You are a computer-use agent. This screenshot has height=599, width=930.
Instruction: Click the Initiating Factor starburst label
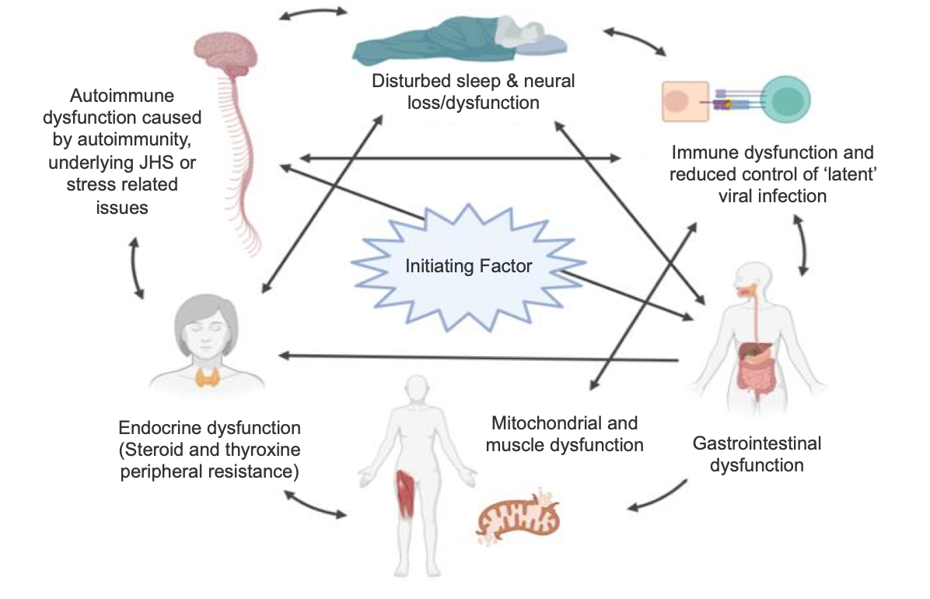[469, 266]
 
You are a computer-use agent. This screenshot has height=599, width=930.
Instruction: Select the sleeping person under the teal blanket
[460, 40]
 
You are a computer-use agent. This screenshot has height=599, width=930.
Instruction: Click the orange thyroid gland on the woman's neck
[208, 377]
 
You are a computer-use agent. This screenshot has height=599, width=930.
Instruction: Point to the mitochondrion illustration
[517, 517]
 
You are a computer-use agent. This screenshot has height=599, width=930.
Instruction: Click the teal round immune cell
[785, 100]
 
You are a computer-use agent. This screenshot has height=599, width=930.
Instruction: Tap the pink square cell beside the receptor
[685, 101]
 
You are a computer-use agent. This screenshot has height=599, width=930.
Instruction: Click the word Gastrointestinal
[757, 443]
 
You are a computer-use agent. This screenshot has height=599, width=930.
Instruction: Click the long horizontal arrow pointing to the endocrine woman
[479, 357]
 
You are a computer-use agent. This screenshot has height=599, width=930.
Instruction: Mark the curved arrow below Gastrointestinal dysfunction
[659, 498]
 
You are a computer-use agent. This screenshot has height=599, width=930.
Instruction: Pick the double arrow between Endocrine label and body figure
[315, 504]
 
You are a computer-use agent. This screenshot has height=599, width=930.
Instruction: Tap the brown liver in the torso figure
[754, 349]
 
